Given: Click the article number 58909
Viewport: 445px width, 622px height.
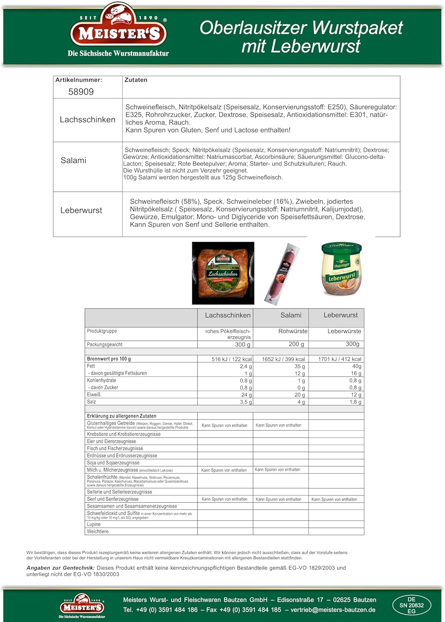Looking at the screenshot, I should click(81, 92).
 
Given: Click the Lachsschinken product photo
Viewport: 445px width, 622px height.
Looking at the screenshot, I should click(223, 273).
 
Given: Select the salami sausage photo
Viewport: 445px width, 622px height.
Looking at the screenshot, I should click(282, 274).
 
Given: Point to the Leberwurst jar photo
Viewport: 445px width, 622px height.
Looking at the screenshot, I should click(341, 269).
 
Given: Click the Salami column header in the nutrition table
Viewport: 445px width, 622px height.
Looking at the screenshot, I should click(291, 315).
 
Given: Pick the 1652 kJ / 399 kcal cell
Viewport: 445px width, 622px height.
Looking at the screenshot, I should click(283, 359).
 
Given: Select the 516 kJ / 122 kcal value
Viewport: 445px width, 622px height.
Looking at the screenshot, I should click(231, 359).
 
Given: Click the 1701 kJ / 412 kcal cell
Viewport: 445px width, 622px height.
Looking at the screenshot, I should click(340, 359).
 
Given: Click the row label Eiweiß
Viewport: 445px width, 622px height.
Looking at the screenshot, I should click(94, 395).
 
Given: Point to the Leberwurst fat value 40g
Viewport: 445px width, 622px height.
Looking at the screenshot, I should click(357, 366).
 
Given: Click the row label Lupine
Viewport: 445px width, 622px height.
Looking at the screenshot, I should click(94, 524).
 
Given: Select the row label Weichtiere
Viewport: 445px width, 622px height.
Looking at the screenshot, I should click(97, 531).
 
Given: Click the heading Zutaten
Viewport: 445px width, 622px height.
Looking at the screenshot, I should click(136, 80).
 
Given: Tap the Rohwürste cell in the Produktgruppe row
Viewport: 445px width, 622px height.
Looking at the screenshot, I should click(293, 331).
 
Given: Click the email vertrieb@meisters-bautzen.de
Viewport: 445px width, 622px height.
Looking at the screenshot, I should click(333, 610).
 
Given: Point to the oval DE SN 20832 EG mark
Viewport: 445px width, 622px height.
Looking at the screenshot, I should click(411, 605).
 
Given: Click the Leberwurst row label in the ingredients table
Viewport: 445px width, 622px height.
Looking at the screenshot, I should click(81, 210).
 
